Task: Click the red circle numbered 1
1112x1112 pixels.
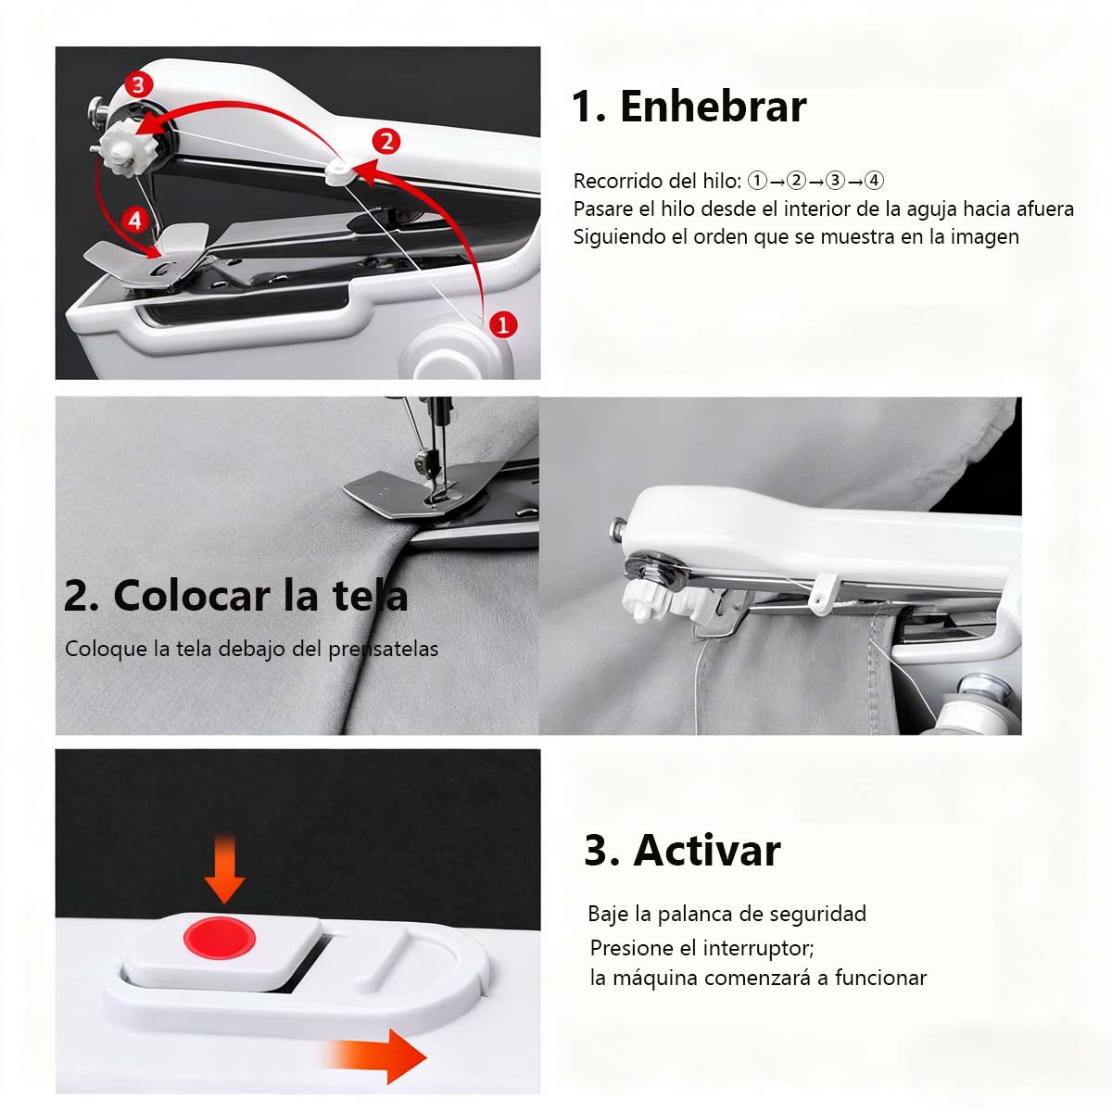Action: [502, 324]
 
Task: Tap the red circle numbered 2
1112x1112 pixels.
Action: [385, 141]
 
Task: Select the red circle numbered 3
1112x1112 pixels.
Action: [138, 84]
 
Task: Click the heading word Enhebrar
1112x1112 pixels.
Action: [713, 107]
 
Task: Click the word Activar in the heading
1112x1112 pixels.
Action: [706, 850]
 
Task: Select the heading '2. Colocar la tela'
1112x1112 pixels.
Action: [235, 596]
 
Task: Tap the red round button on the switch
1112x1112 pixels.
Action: [219, 938]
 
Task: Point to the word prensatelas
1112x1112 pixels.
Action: [384, 649]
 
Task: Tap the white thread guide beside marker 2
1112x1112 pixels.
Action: [339, 169]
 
